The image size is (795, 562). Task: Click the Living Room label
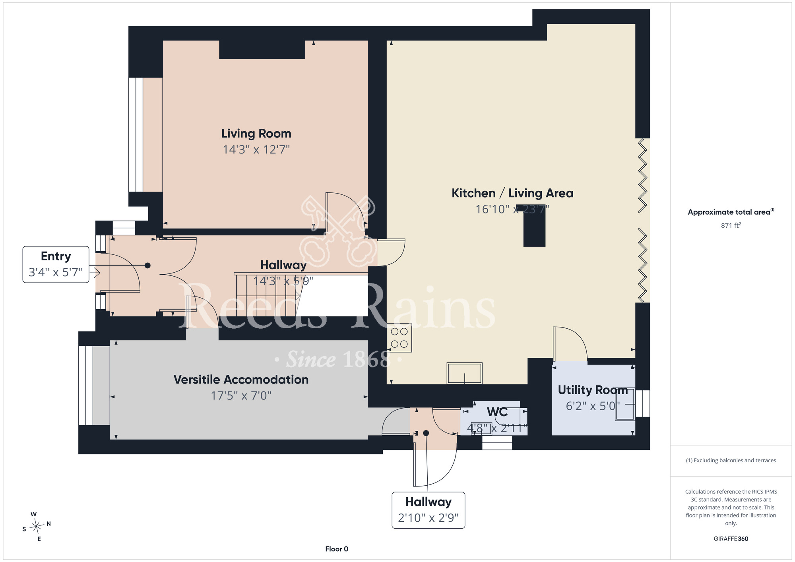click(256, 134)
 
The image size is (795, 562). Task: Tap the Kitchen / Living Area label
click(512, 193)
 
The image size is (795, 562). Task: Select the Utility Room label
click(593, 390)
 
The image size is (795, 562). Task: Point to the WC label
click(497, 412)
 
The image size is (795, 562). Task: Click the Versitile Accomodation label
click(241, 380)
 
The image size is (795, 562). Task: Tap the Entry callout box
click(56, 264)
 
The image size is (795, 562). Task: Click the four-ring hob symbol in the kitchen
click(399, 338)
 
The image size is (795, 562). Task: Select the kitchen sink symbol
click(465, 373)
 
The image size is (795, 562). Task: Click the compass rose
click(37, 527)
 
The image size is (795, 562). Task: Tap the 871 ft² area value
click(731, 225)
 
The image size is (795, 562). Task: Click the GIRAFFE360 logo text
click(731, 539)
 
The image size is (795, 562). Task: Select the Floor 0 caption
click(337, 549)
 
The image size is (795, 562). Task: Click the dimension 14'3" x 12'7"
click(256, 150)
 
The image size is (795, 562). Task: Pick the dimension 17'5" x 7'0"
click(241, 396)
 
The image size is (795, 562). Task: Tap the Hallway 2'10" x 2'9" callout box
click(429, 510)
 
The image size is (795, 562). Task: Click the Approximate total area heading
click(731, 212)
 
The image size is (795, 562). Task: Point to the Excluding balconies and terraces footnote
click(731, 460)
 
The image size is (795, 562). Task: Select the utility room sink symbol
click(625, 404)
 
